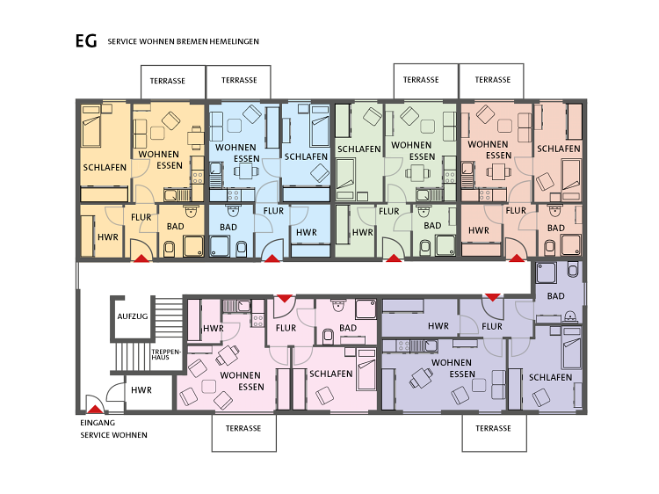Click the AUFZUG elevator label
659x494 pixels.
(133, 316)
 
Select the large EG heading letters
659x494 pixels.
(86, 41)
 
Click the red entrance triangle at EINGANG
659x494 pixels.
(96, 409)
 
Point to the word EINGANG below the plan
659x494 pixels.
(98, 423)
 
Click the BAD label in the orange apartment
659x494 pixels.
(175, 227)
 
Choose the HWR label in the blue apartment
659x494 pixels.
(307, 232)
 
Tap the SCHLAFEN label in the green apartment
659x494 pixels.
(358, 149)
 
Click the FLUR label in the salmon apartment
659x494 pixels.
(516, 211)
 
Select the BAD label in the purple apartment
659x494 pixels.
(555, 296)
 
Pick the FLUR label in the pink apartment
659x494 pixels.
(286, 328)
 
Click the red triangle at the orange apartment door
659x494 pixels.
(141, 258)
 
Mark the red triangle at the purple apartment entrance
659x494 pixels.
(493, 297)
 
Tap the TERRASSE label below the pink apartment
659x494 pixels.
(243, 428)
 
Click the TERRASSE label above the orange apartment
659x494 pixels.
(168, 81)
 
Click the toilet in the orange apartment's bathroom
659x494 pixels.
(170, 249)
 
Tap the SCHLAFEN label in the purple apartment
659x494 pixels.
(550, 378)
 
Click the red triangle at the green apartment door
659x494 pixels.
(394, 258)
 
